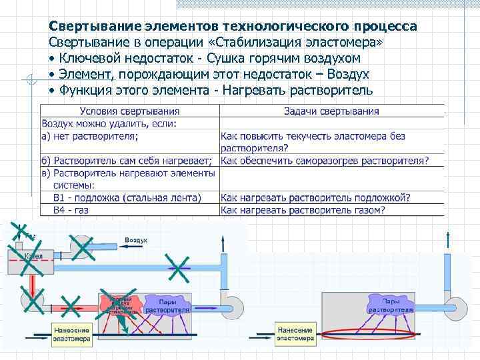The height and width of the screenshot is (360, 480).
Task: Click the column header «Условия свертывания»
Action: click(x=129, y=111)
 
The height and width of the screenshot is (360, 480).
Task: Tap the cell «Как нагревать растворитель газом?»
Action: click(x=303, y=210)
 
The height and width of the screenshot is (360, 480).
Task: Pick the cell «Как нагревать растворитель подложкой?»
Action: click(x=315, y=197)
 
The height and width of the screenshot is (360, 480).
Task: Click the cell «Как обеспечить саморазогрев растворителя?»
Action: click(x=324, y=161)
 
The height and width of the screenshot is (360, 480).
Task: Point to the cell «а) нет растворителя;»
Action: click(x=91, y=136)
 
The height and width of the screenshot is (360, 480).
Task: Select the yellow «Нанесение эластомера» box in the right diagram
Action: click(x=295, y=333)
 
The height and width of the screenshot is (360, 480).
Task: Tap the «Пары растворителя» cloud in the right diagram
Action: click(x=391, y=306)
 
